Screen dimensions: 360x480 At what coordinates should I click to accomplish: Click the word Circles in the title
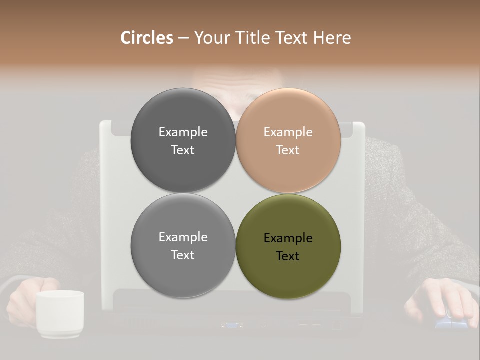[146, 38]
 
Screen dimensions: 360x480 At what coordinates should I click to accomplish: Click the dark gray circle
[183, 140]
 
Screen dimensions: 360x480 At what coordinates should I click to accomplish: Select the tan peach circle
[288, 140]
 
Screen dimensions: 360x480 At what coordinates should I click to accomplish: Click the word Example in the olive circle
[288, 238]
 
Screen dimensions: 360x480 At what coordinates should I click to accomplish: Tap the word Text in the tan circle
[288, 150]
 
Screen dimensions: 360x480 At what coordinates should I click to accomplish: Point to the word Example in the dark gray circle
[183, 132]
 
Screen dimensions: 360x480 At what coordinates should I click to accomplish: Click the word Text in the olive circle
[288, 256]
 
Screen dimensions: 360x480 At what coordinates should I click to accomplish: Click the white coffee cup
[59, 314]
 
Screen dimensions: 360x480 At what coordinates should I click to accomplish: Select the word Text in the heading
[292, 38]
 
